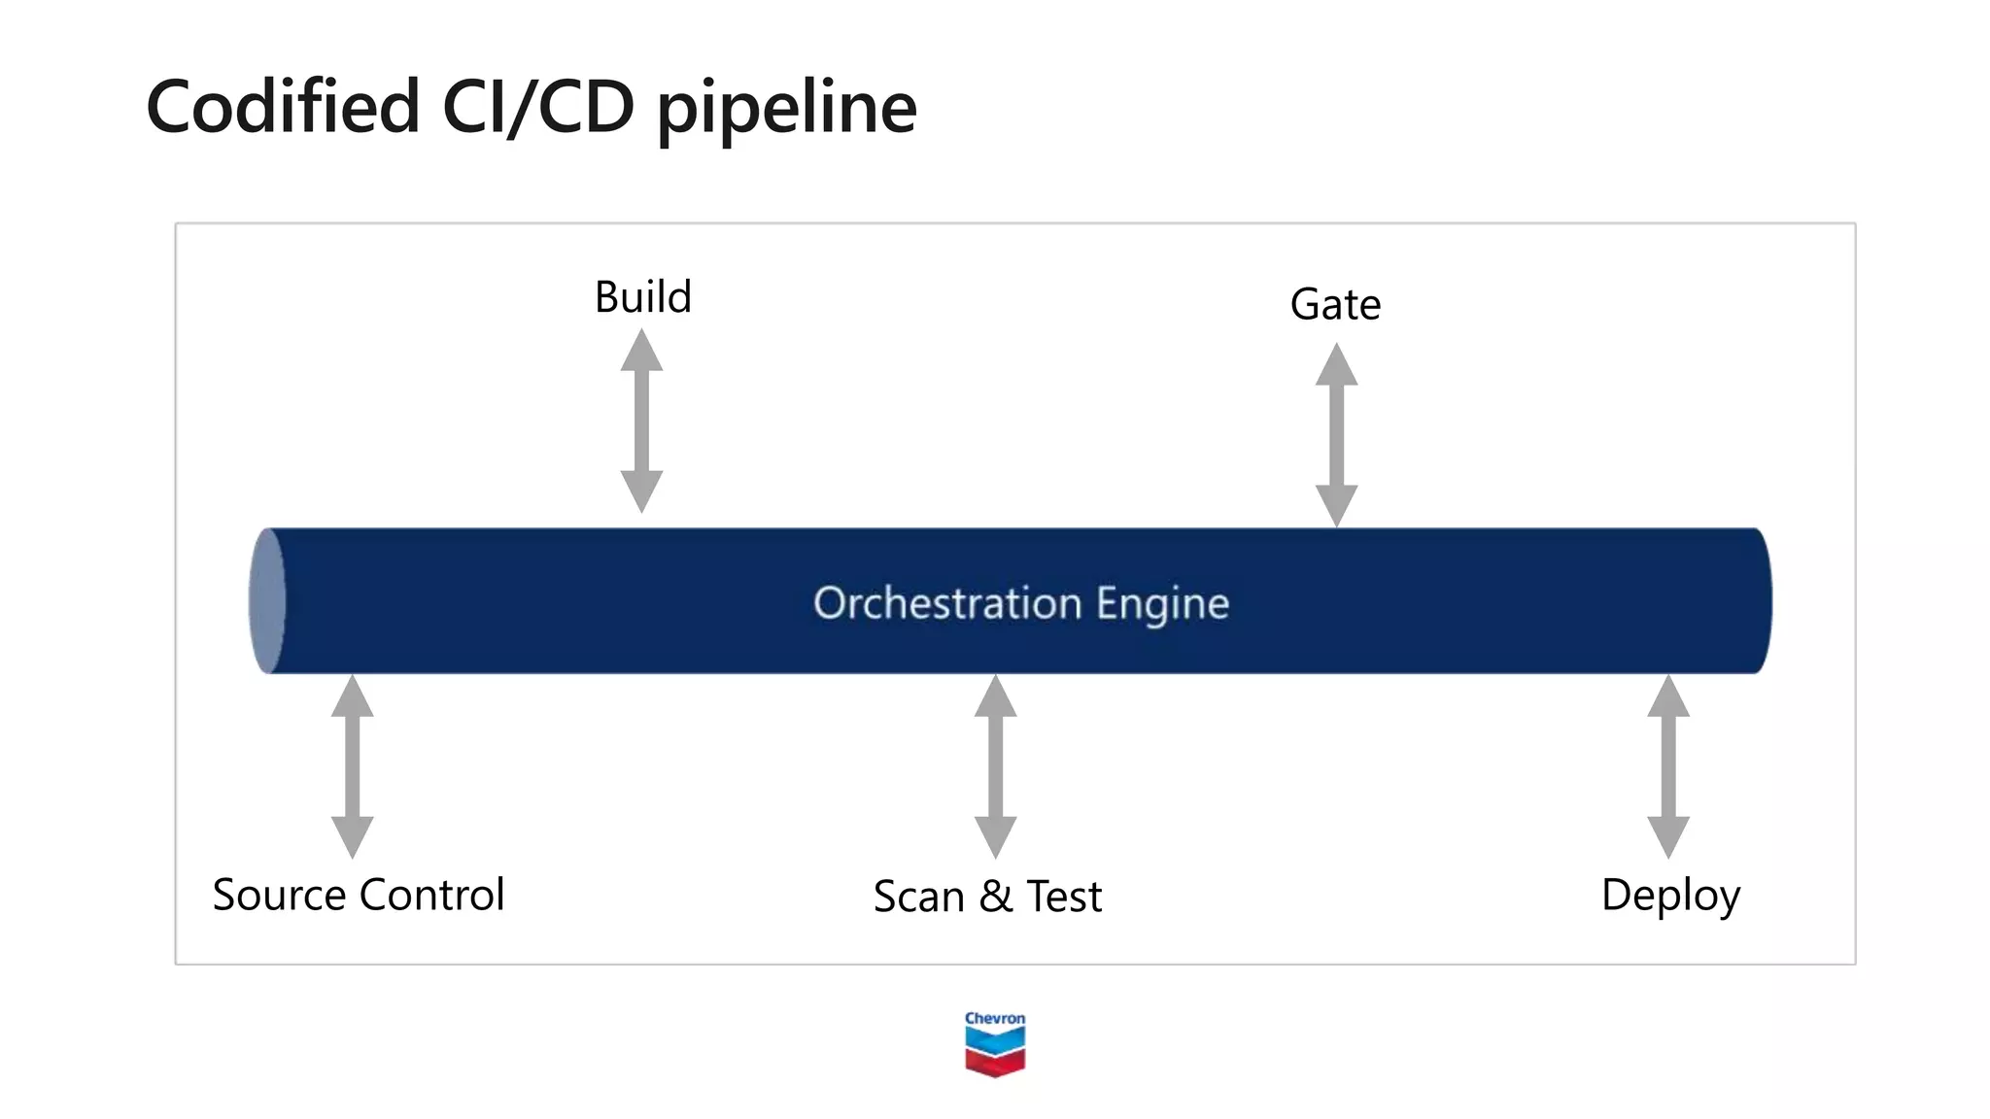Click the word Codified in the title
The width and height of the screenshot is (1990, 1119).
[x=282, y=106]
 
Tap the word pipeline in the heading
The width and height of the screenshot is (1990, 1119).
[x=787, y=109]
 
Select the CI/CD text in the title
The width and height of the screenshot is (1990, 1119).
[x=537, y=106]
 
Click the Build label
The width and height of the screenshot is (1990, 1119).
[x=642, y=296]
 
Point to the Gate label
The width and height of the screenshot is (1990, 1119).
[x=1335, y=305]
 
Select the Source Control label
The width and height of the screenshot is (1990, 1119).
[x=359, y=895]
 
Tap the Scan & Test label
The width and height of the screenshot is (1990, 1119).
[x=987, y=897]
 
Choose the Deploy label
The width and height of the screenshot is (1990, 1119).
[x=1669, y=896]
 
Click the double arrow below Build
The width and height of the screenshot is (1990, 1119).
[x=641, y=421]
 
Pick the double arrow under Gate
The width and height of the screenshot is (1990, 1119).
[x=1336, y=435]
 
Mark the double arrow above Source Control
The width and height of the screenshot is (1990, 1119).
[x=352, y=766]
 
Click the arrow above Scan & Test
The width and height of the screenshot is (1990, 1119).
[x=995, y=766]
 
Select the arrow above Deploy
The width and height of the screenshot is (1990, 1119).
[x=1668, y=766]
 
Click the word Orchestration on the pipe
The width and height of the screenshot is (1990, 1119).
[x=946, y=603]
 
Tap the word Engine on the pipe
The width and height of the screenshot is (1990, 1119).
[x=1162, y=604]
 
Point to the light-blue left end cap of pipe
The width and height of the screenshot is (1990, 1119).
[x=266, y=601]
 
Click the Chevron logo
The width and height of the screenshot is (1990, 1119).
[x=995, y=1044]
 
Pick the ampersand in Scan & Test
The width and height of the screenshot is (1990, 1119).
[x=995, y=897]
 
